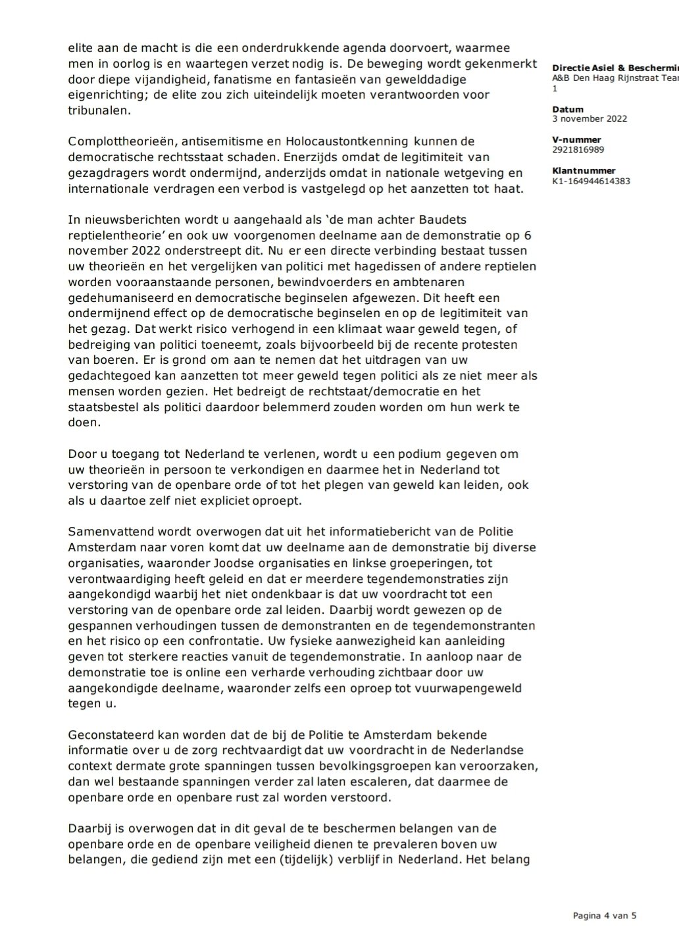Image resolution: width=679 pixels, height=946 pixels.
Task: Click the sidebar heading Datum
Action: tap(568, 109)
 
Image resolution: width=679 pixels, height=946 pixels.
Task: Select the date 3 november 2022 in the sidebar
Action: tap(590, 119)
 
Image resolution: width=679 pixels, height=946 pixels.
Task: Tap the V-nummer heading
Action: tap(576, 139)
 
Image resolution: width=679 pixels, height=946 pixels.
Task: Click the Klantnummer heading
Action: tap(584, 170)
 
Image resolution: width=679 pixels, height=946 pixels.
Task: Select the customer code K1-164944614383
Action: tap(591, 181)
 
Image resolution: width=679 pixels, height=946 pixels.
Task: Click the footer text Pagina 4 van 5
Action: tap(605, 915)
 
